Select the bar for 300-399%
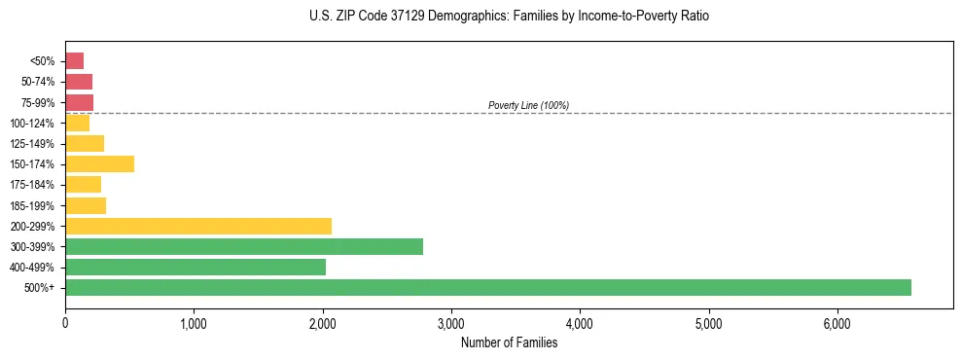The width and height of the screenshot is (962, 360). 244,246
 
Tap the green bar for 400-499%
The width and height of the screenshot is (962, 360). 196,267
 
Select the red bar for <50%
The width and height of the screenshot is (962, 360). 74,60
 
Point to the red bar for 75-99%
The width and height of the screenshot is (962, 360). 79,102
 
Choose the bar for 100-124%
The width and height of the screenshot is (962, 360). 77,123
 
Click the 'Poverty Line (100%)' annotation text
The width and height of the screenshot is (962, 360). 528,105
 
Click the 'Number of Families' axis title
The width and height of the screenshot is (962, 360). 509,342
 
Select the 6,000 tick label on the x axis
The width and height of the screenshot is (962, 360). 837,323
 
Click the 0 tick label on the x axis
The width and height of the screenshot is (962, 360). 65,323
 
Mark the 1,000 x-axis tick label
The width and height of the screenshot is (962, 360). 194,323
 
